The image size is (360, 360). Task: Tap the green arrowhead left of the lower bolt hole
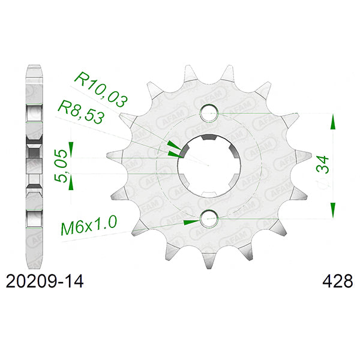tap(191, 221)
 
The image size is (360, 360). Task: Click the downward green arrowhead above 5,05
tap(71, 147)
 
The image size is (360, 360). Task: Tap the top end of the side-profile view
tap(34, 65)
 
